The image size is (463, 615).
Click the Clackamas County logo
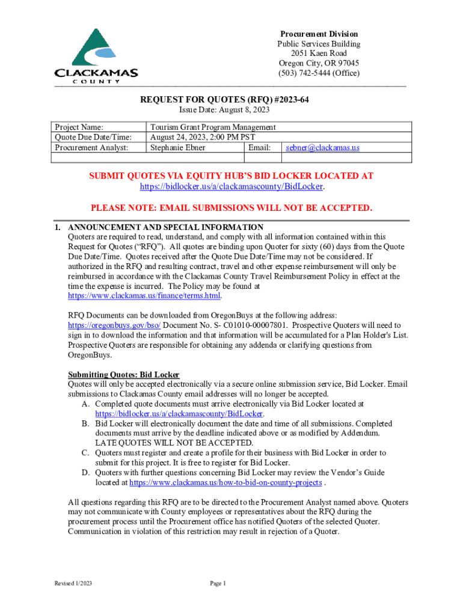pos(96,55)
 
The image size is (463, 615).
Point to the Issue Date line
pos(225,110)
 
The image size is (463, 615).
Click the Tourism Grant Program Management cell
pos(213,127)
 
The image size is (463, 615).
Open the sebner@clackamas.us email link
pos(322,148)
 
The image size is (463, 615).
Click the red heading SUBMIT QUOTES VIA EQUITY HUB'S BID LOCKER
pos(231,176)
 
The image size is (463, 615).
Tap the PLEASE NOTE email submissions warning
pos(231,208)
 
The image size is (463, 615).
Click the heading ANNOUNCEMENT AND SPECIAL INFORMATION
pos(165,228)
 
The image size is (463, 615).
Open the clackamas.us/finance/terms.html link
pos(144,295)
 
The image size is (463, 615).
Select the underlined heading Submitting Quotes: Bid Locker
pos(120,375)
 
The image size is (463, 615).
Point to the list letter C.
pos(85,453)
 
